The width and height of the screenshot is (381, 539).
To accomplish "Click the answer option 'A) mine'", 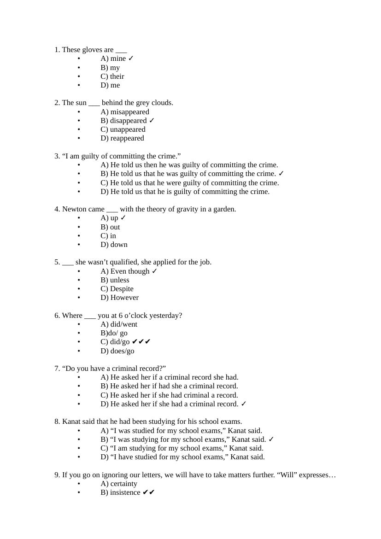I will tap(113, 59).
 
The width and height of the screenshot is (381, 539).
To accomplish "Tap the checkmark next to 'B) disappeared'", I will tap(152, 121).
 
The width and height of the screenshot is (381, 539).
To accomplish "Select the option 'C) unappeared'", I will tap(123, 129).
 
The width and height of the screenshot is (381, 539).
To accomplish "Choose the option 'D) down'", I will tap(114, 245).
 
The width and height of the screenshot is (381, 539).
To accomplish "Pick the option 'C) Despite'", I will tap(117, 289).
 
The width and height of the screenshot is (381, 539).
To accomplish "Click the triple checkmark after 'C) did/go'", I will tap(141, 342).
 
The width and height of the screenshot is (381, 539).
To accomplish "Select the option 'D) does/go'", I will tap(117, 351).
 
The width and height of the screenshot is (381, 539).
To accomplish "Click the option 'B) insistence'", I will tap(120, 492).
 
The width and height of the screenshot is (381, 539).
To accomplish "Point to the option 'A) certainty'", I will tap(119, 484).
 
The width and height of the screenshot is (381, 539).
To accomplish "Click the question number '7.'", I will tap(57, 369).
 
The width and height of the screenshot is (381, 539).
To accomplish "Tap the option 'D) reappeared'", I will tap(122, 138).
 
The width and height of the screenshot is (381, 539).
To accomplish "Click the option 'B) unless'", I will tap(115, 280).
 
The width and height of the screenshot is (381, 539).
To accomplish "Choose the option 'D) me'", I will tap(110, 85).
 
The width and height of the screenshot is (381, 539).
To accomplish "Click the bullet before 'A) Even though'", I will tap(79, 271).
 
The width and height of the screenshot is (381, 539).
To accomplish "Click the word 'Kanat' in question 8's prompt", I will tap(72, 422).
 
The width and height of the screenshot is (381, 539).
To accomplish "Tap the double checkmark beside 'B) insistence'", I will tap(149, 492).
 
